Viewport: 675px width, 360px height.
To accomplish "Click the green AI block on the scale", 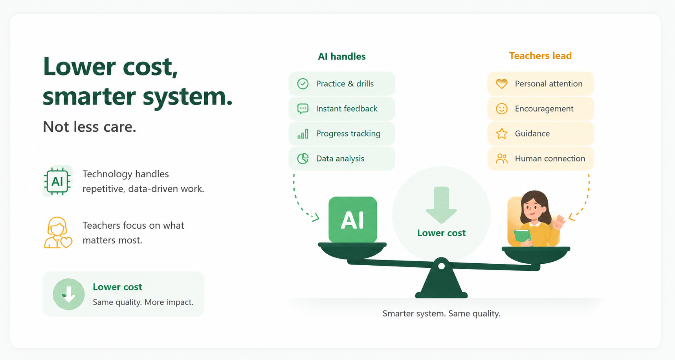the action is [x=352, y=219].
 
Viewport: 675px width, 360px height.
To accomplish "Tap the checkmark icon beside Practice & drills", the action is [x=303, y=84].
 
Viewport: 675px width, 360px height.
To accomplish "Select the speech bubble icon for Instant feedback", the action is [x=303, y=109].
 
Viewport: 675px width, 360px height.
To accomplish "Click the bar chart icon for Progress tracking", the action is [x=303, y=134].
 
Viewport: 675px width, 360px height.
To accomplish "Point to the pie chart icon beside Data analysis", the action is [x=303, y=158].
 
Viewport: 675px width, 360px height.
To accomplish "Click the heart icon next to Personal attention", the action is [x=502, y=84].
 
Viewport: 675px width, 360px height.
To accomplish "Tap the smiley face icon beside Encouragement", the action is [x=502, y=109].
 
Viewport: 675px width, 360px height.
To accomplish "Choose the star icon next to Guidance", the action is [x=502, y=134].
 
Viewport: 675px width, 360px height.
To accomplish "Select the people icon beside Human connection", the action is [x=502, y=158].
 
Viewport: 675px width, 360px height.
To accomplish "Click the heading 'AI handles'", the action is [x=342, y=57].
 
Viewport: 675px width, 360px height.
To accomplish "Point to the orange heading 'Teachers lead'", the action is [x=540, y=56].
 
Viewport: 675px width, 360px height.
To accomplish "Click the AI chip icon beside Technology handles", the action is [x=57, y=181].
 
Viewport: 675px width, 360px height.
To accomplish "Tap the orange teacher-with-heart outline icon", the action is [x=58, y=233].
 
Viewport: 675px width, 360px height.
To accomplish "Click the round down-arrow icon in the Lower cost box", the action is [x=69, y=294].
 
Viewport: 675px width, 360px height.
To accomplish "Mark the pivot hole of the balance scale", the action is [x=441, y=266].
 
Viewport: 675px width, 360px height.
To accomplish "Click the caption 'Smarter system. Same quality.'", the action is [x=441, y=314].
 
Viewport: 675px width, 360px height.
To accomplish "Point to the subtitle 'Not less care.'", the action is [x=90, y=127].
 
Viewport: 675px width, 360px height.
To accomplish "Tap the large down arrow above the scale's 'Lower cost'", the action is [x=441, y=205].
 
